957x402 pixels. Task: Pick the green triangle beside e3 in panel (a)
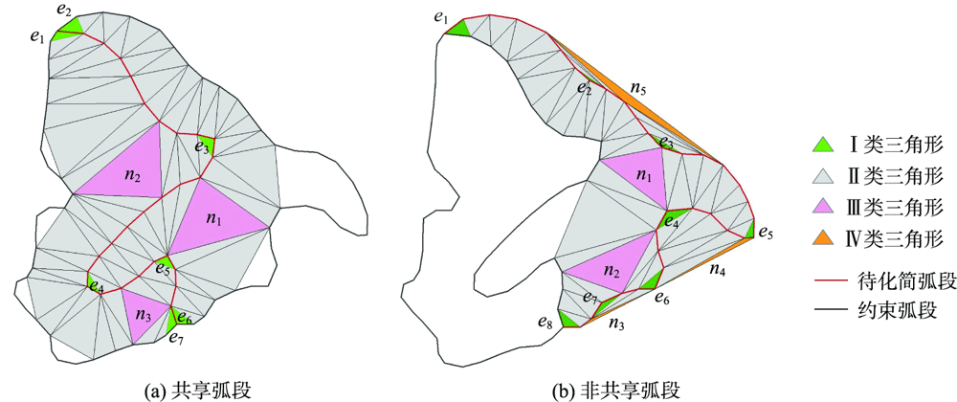tap(204, 146)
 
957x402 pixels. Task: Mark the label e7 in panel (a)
tap(175, 337)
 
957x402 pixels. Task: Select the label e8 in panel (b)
tap(545, 323)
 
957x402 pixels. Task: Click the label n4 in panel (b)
tap(717, 271)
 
